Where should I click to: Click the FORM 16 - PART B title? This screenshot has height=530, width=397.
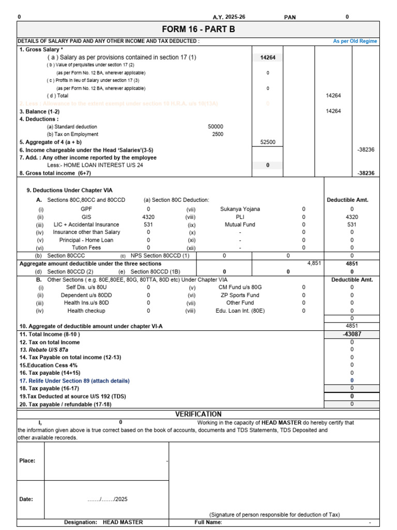(x=198, y=30)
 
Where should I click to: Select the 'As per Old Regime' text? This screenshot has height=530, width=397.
(x=355, y=41)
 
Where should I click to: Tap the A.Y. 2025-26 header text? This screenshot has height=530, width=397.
(x=229, y=17)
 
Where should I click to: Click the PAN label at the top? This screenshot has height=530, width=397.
(x=290, y=17)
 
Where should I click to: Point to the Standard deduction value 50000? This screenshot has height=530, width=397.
(x=216, y=127)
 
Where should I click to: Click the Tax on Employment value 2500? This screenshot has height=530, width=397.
(x=218, y=135)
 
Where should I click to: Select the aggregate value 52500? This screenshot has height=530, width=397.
(x=268, y=142)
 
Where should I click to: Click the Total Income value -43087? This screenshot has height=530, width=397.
(x=352, y=334)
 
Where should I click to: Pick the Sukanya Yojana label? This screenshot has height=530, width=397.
(x=240, y=209)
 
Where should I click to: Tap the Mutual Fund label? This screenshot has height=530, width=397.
(x=240, y=225)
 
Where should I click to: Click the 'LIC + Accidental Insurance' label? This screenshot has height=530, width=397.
(x=86, y=225)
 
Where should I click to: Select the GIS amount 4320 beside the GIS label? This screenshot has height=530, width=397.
(x=148, y=217)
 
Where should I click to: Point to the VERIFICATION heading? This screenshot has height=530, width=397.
(x=198, y=414)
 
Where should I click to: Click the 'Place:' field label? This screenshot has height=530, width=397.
(x=27, y=461)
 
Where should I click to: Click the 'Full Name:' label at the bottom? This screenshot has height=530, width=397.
(x=208, y=522)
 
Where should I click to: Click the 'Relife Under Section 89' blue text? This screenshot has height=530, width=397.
(x=74, y=380)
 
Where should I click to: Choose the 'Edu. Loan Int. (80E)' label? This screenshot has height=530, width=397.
(x=240, y=311)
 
